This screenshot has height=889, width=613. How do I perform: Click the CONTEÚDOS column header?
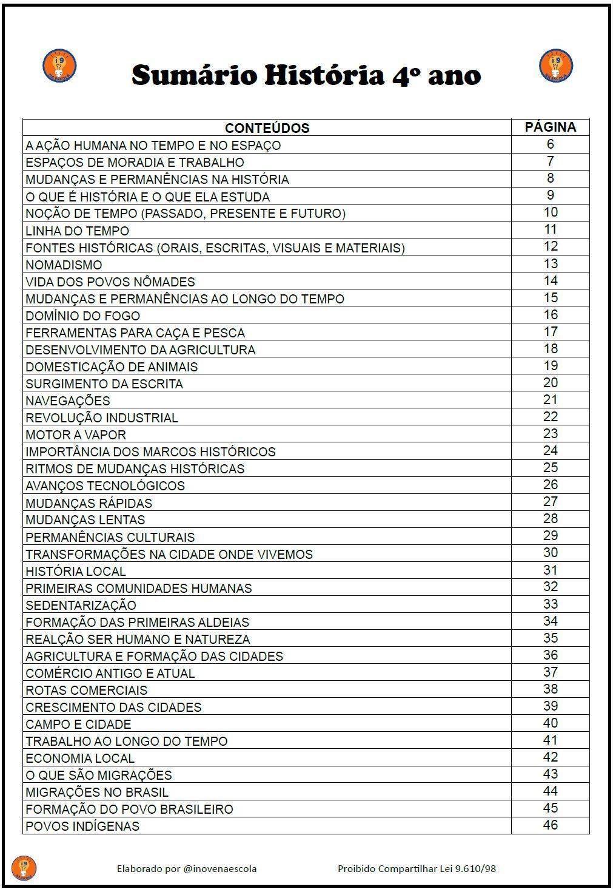click(267, 128)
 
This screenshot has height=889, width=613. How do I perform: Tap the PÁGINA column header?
click(550, 127)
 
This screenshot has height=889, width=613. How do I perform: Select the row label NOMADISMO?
click(64, 265)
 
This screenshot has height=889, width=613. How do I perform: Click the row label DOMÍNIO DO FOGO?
click(82, 316)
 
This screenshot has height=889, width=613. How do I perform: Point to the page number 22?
click(550, 416)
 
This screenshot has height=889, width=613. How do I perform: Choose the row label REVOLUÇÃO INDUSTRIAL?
click(102, 417)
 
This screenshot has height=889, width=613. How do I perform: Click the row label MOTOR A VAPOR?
click(76, 434)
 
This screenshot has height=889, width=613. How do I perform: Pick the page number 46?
click(550, 825)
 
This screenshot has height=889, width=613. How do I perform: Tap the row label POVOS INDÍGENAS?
click(82, 826)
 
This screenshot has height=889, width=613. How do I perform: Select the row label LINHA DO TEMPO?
click(77, 231)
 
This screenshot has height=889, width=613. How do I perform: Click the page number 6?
click(550, 144)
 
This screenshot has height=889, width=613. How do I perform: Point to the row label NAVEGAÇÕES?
click(68, 401)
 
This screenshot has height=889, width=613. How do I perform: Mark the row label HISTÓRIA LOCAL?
click(76, 571)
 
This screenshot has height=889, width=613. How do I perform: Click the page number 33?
click(550, 604)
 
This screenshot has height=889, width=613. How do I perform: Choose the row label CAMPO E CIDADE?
click(78, 724)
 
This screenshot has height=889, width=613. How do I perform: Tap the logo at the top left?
click(59, 66)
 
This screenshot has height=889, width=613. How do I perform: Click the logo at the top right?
click(555, 66)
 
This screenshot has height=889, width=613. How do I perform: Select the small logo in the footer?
click(24, 868)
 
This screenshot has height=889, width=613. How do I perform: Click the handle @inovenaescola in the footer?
click(219, 868)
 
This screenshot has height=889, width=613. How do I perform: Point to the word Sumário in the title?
click(195, 75)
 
